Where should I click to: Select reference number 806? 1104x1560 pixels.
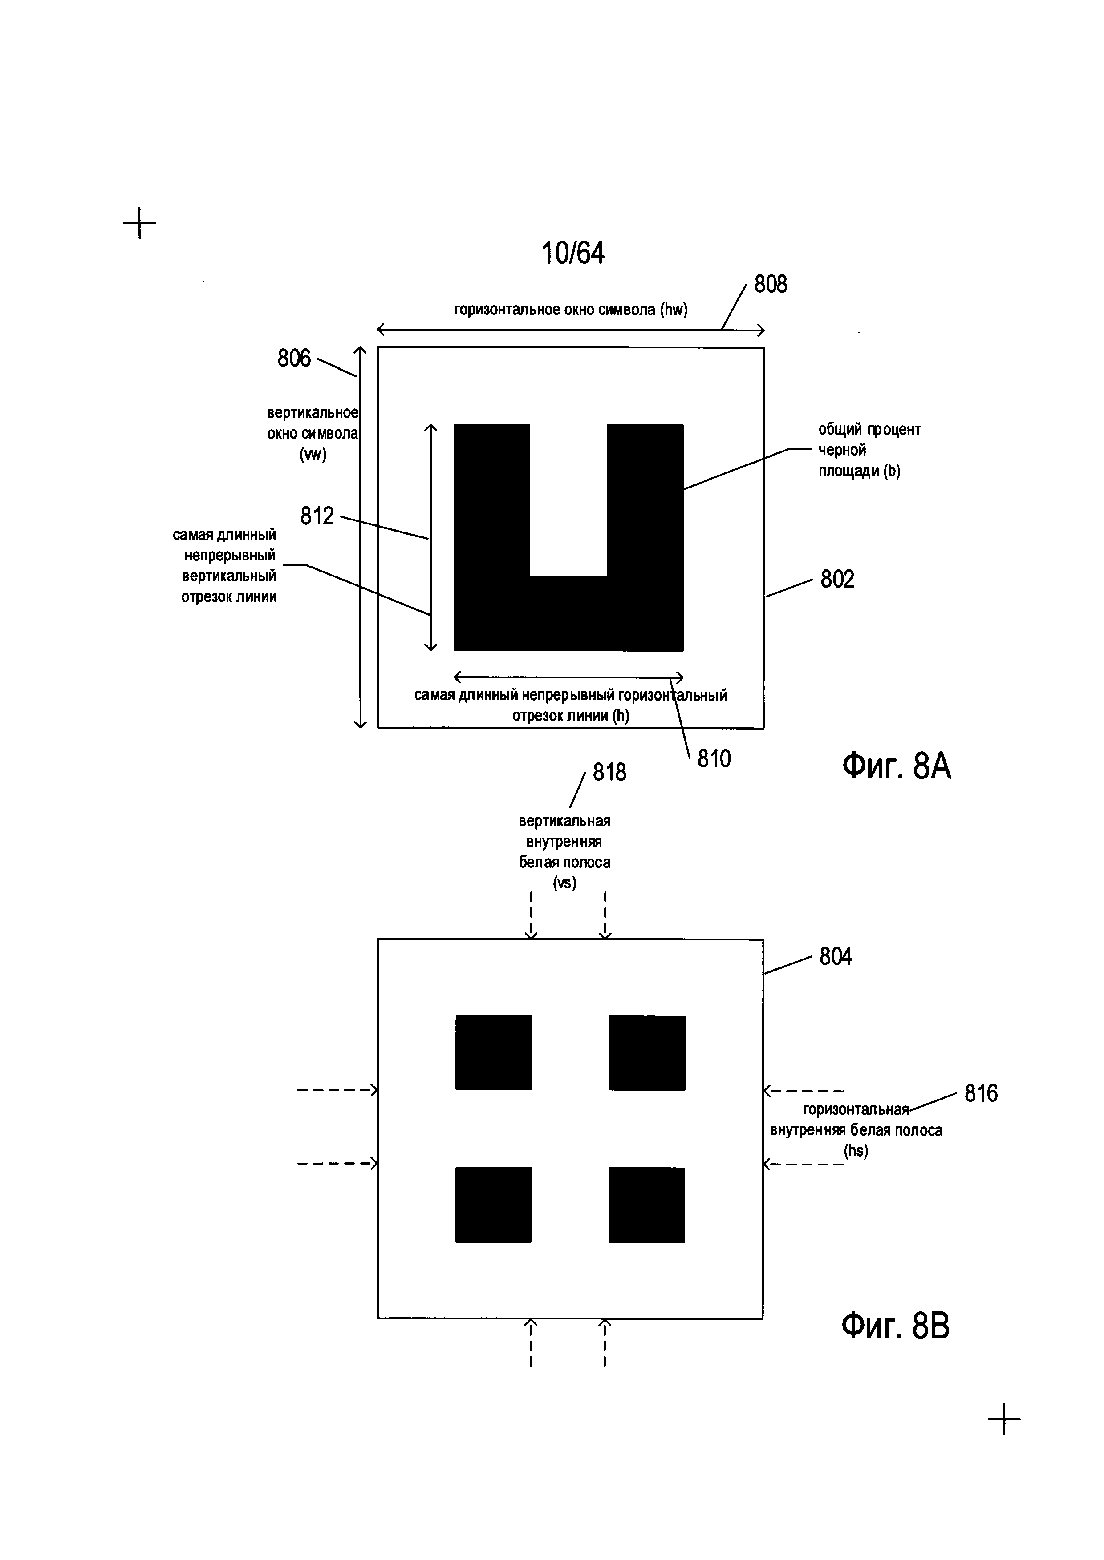[294, 358]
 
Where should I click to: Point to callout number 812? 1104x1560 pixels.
[317, 516]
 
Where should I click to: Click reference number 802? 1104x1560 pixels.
[837, 579]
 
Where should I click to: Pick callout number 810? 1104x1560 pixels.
[714, 758]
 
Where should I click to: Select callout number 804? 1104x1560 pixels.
[836, 957]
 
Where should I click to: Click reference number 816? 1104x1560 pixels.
[981, 1093]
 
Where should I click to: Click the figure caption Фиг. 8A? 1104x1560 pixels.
[896, 766]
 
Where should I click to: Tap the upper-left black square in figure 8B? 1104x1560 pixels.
[494, 1052]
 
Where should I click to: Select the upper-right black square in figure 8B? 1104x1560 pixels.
[646, 1052]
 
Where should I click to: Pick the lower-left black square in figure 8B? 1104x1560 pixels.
[494, 1205]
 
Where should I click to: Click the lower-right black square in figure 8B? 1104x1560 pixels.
[646, 1205]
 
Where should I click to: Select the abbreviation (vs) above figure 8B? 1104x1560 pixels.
[564, 883]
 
